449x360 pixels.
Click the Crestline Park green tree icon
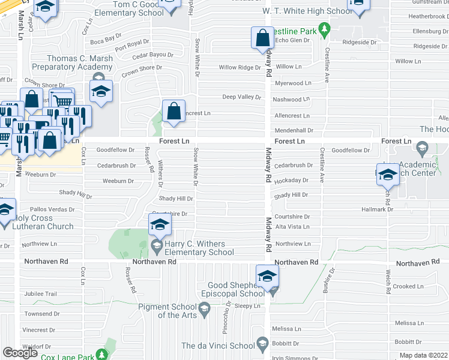click(x=324, y=28)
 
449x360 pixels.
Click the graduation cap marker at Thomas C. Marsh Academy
click(x=101, y=92)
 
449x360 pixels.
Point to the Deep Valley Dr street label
click(x=242, y=97)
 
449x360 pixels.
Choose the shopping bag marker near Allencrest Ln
click(x=173, y=111)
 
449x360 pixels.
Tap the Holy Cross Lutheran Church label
click(x=37, y=222)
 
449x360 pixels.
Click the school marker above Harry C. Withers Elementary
click(x=160, y=224)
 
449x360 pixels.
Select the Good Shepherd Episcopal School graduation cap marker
click(x=268, y=276)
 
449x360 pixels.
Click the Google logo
click(x=20, y=352)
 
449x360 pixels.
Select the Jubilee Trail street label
click(x=41, y=294)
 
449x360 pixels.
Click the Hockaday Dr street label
click(x=291, y=180)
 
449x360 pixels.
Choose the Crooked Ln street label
click(x=409, y=287)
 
